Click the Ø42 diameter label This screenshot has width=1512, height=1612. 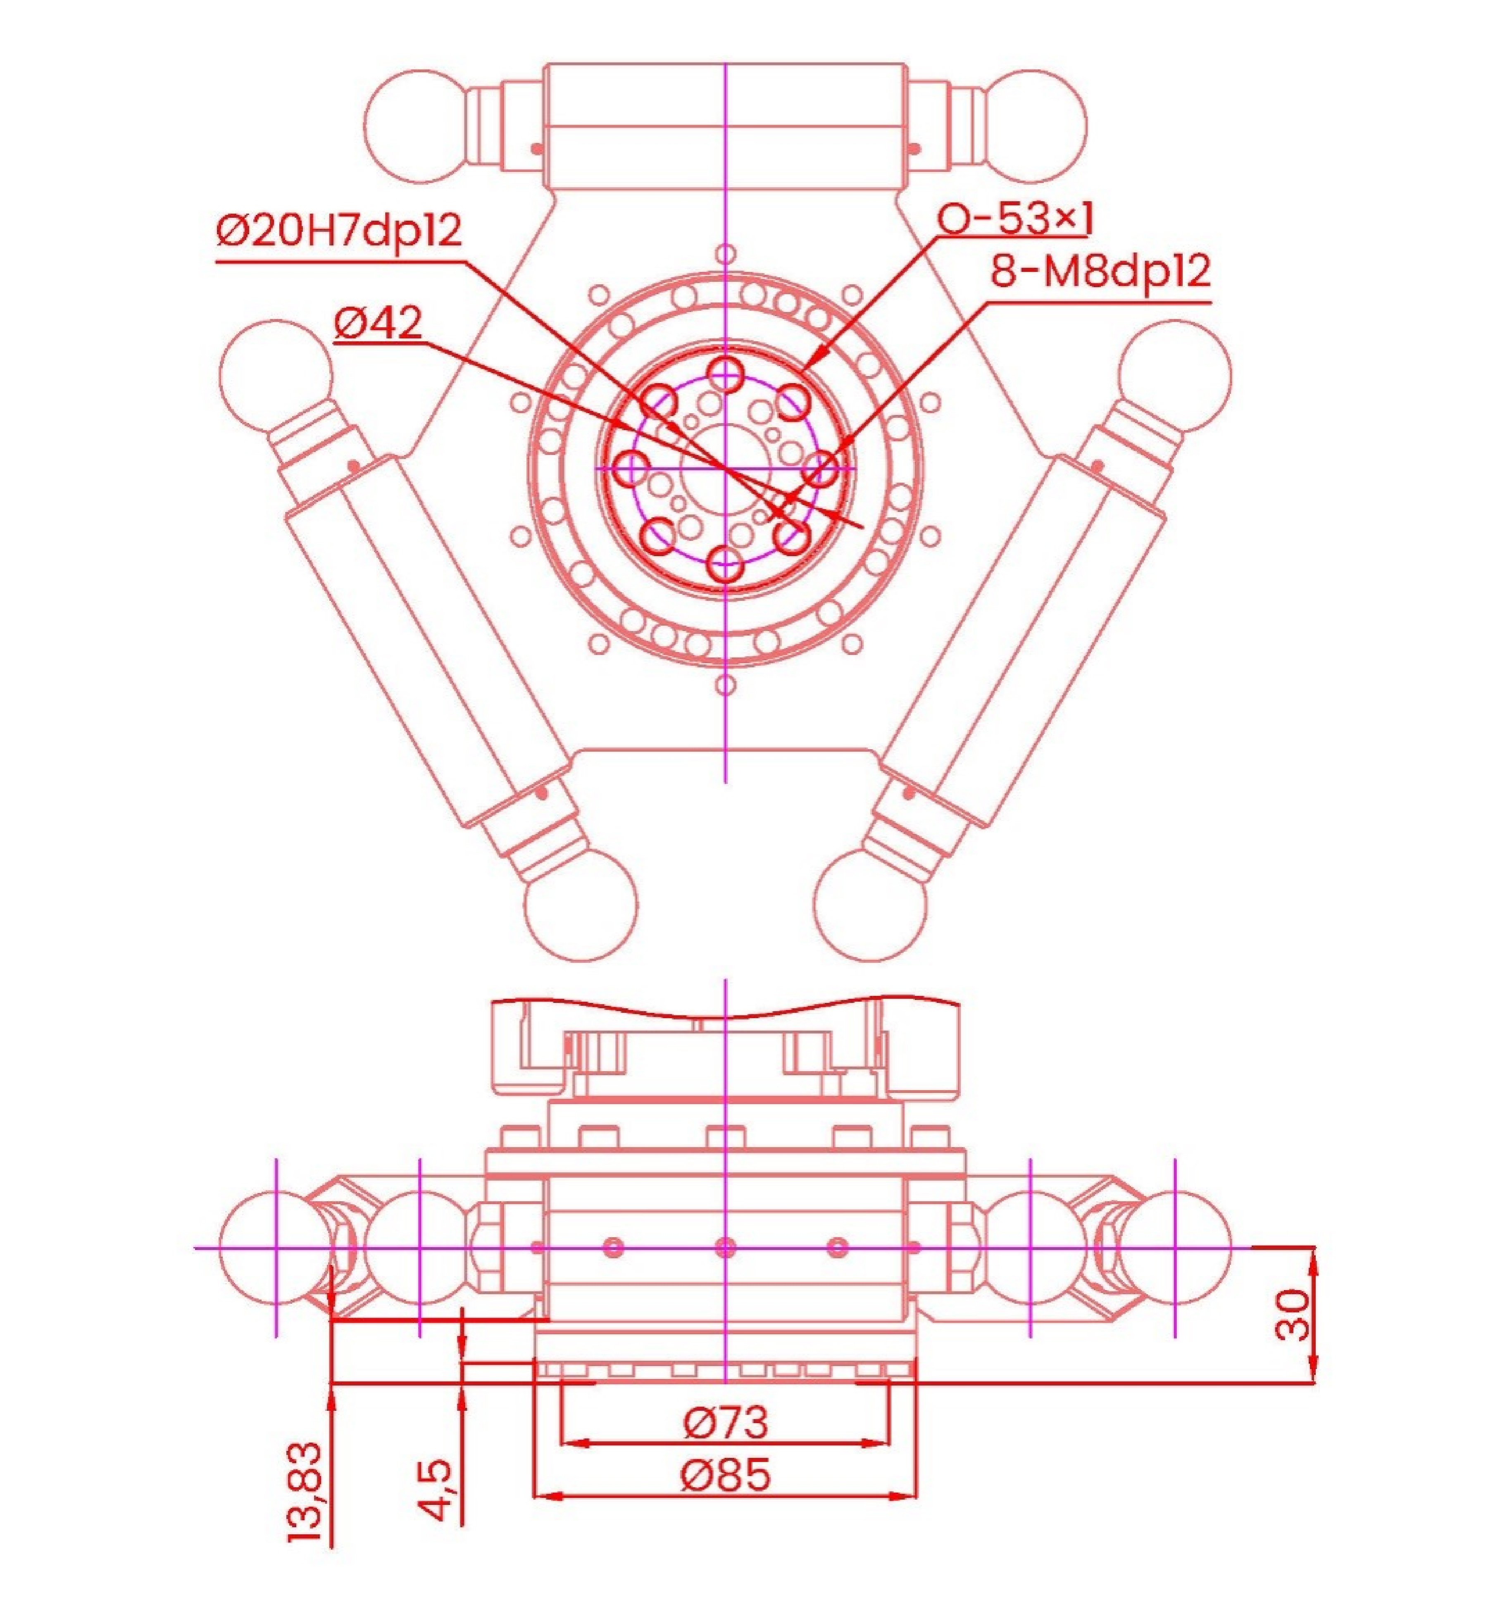tap(379, 324)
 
